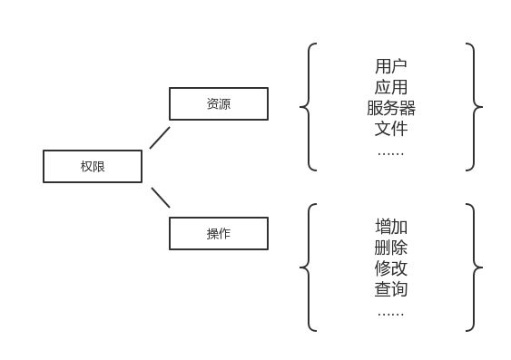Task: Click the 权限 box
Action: (93, 166)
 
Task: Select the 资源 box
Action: (219, 103)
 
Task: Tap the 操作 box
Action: (219, 233)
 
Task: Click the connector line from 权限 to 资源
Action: (160, 137)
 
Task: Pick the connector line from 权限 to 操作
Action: (161, 197)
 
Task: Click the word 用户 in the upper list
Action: (391, 66)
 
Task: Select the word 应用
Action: (391, 87)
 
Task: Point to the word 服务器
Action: (391, 108)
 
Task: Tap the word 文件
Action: (391, 129)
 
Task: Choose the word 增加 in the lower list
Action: (391, 227)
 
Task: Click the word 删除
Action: (391, 248)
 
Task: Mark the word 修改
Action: (391, 268)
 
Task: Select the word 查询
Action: (391, 289)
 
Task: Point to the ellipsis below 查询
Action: (391, 313)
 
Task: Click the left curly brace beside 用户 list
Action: (309, 107)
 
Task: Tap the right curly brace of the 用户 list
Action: (474, 107)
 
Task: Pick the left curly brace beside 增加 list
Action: (309, 268)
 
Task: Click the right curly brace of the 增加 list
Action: (474, 268)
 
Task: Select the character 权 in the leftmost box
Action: (86, 167)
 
